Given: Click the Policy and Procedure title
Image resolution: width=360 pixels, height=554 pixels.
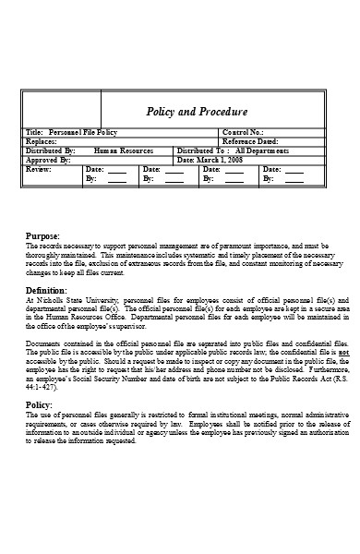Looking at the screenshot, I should coord(198,112).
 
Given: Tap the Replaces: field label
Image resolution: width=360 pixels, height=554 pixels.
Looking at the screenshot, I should coord(42,141).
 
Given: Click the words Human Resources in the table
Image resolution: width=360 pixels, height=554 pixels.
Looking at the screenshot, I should coord(124,150).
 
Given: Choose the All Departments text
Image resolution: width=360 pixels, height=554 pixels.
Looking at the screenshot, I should coord(265,150).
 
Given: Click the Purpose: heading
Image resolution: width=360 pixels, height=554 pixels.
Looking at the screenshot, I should coord(42,237).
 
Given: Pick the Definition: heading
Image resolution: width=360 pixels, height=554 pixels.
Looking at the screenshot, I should coord(46,290).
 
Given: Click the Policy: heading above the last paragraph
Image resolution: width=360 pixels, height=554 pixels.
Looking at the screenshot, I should coord(39,404).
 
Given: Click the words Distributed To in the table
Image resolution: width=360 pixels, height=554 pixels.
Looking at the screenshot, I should coord(200,150).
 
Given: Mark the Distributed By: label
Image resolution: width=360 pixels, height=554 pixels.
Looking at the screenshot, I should coord(50,150).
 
